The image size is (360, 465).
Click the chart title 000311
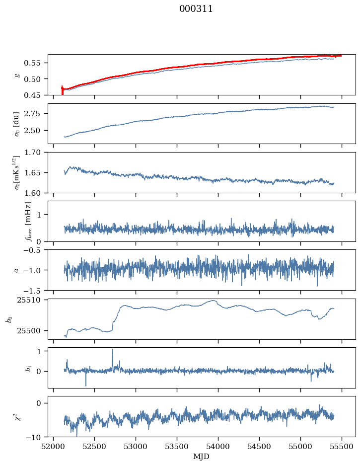pos(196,9)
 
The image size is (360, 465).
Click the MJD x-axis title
pos(201,456)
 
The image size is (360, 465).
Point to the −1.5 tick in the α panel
pos(35,290)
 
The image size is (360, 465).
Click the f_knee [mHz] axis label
pos(28,221)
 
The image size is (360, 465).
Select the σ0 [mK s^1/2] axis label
pos(17,172)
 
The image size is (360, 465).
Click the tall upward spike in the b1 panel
pos(112,350)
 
